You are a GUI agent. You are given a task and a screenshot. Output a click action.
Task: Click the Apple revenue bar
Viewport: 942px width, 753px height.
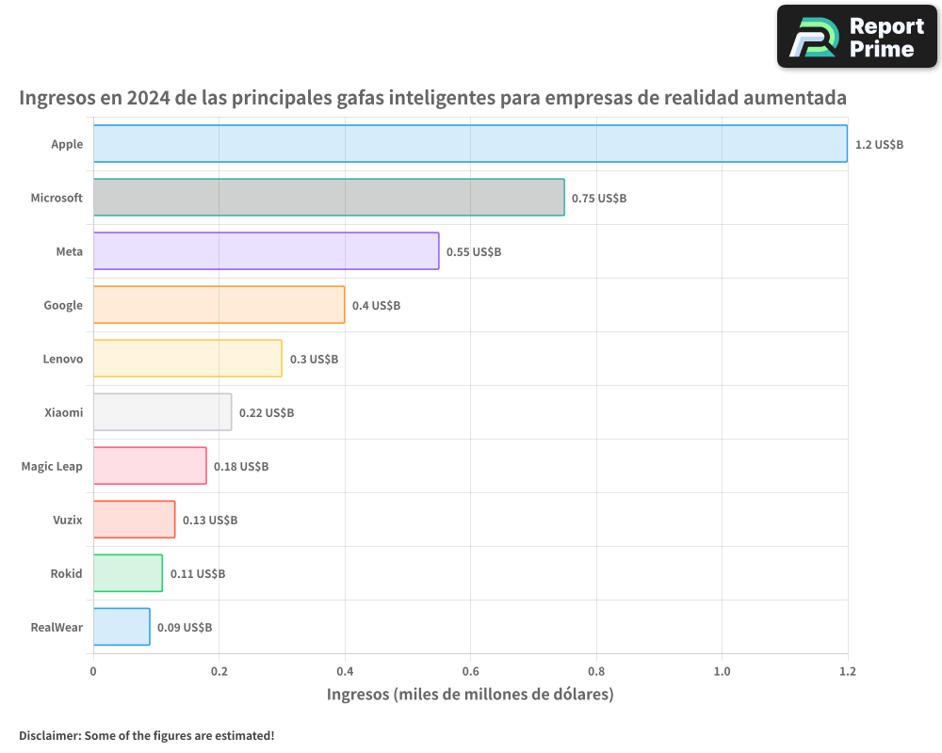pos(470,144)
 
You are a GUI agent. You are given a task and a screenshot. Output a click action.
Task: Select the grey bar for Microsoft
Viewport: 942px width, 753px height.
pos(329,198)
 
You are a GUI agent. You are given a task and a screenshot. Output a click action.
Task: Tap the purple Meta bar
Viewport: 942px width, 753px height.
pos(266,251)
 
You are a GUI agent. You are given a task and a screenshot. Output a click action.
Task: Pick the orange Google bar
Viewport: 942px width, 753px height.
pos(219,305)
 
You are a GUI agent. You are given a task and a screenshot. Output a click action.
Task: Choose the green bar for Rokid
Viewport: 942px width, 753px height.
pos(127,573)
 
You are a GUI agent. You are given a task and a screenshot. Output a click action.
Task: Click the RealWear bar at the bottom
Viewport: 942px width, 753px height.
pos(122,627)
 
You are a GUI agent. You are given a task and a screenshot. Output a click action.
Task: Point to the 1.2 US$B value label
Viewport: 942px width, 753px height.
pos(879,145)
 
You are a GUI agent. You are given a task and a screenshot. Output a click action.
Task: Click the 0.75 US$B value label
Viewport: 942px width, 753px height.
pos(599,199)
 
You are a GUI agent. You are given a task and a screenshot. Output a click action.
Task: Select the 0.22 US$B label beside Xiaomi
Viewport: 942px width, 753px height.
pos(267,413)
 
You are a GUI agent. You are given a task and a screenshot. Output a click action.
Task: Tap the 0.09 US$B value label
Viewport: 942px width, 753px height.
pos(185,628)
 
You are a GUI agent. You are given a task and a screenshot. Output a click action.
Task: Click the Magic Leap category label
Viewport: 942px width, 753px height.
pos(52,467)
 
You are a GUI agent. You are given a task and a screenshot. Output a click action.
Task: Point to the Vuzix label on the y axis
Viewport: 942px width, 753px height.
pos(68,521)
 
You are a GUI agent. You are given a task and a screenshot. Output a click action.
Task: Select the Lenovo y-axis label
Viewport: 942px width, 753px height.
pos(63,360)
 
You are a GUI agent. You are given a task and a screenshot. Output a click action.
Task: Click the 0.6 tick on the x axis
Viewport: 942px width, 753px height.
pos(470,671)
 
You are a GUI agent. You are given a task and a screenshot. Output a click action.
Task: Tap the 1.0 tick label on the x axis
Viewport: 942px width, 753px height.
pos(722,671)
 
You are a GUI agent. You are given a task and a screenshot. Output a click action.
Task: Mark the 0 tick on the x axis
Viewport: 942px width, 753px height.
pos(93,671)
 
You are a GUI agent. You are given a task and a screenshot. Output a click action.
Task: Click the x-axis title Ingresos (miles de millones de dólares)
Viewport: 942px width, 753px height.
pos(470,695)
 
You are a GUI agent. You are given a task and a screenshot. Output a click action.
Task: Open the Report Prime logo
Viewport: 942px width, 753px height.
pos(857,37)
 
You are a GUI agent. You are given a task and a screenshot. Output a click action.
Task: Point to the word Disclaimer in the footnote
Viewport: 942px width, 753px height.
pos(49,736)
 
